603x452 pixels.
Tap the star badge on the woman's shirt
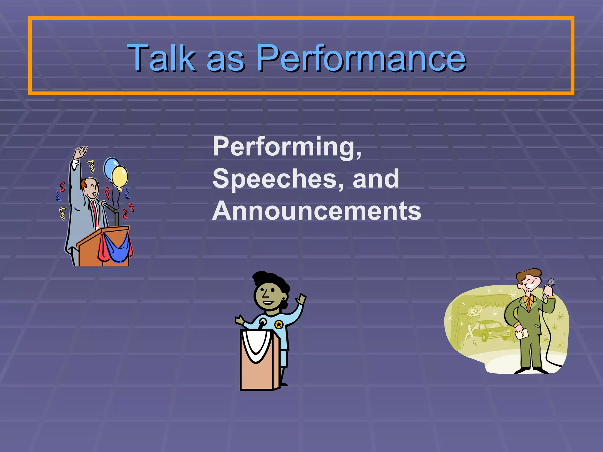(x=279, y=325)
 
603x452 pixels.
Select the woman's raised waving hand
(x=301, y=299)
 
